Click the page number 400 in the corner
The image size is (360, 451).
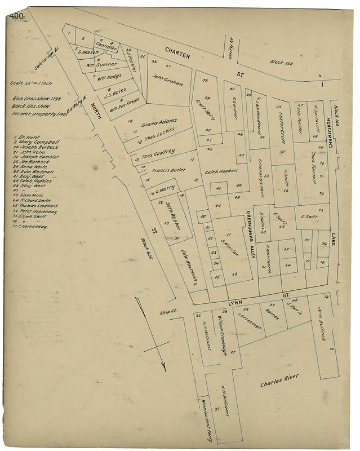click(16, 16)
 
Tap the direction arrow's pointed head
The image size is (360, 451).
click(163, 366)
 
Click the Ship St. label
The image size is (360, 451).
click(168, 311)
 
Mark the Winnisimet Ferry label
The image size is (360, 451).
click(205, 418)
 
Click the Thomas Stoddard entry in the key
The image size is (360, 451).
click(38, 206)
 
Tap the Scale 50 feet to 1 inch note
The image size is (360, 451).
click(30, 83)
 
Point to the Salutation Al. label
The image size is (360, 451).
click(46, 58)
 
